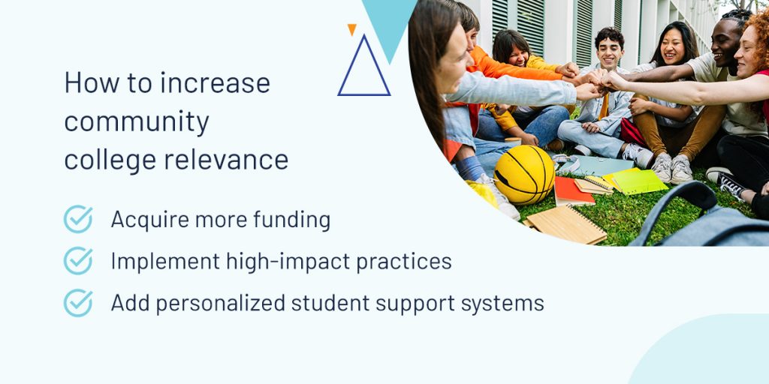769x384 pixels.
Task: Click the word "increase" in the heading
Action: (215, 82)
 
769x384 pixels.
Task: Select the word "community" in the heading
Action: (137, 122)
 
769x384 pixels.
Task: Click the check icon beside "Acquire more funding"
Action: (78, 219)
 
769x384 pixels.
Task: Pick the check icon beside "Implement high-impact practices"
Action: (78, 260)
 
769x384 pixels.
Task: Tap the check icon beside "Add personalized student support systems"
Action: (78, 303)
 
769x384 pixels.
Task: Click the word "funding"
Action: (292, 220)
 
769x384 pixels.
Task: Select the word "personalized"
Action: (220, 304)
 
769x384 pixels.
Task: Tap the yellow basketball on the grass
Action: (523, 174)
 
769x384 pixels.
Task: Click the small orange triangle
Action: (351, 29)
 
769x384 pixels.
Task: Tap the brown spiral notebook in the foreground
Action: (566, 223)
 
